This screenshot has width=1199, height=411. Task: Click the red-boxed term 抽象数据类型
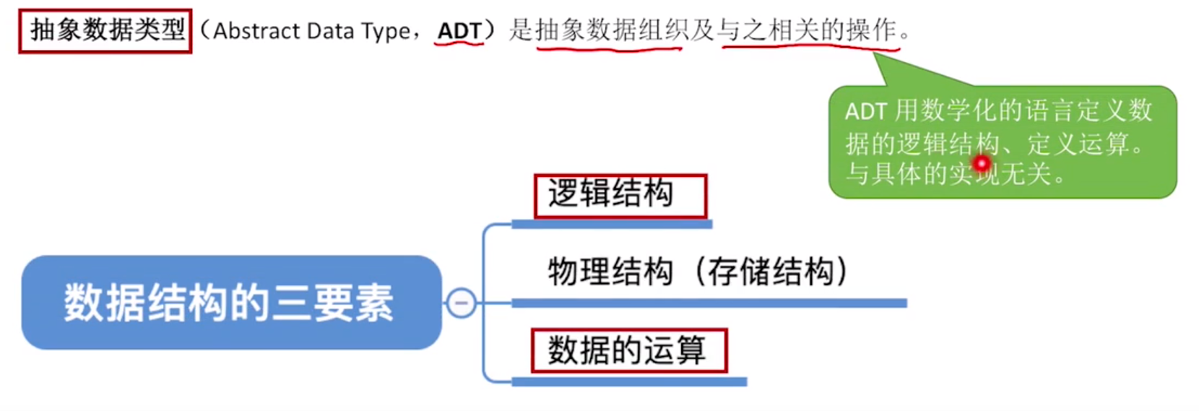coord(105,31)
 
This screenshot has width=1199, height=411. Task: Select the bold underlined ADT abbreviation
coord(459,31)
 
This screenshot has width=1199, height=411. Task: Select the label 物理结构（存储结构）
coord(697,272)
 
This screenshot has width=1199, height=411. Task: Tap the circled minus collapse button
coord(462,303)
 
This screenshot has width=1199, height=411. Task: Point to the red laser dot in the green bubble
coord(982,164)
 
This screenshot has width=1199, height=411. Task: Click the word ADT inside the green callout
coord(865,111)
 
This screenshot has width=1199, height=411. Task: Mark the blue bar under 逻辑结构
coord(612,225)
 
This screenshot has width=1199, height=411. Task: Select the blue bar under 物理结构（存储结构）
coord(709,303)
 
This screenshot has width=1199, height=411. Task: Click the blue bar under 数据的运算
coord(629,381)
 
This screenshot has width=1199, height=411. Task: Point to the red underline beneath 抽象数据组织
coord(609,49)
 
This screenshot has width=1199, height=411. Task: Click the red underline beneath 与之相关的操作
coord(810,49)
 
